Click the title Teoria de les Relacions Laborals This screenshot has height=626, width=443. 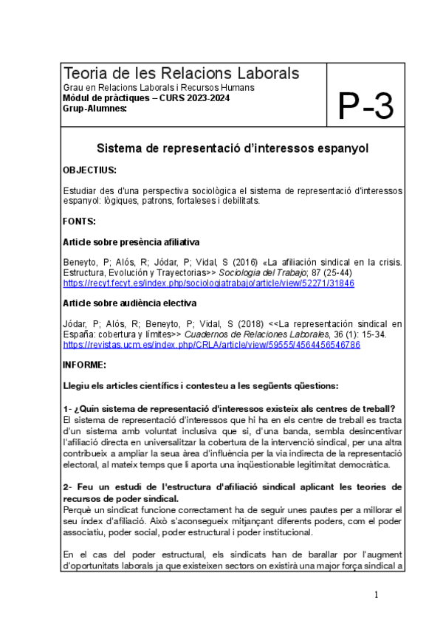coord(182,73)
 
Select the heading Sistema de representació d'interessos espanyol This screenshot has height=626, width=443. coord(233,148)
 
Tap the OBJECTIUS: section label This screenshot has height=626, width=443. coord(89,170)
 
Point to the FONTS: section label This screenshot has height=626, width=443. coord(80,221)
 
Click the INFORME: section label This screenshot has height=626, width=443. coord(84,365)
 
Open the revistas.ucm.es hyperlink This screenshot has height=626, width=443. coord(211,345)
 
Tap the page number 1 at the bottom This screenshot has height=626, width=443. coord(376,595)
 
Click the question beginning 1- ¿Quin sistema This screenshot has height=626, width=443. coord(228,409)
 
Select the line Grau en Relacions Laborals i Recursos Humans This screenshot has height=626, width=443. coord(159,88)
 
